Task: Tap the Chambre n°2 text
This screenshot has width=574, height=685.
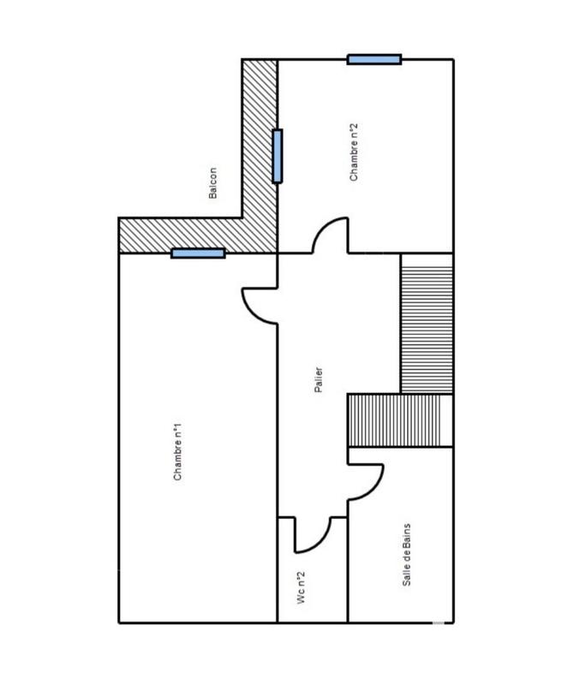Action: coord(353,152)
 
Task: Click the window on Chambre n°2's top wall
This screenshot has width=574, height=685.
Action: coord(374,59)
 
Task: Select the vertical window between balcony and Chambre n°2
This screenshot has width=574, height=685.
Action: coord(277,156)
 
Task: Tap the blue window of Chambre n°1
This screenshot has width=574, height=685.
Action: coord(198,253)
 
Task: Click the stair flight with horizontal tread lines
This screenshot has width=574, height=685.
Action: coord(426,324)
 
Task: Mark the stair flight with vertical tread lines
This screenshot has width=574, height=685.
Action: coord(398,420)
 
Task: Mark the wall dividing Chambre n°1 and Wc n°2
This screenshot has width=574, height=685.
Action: coord(278,569)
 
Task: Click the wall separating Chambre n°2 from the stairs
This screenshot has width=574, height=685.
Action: coord(426,253)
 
